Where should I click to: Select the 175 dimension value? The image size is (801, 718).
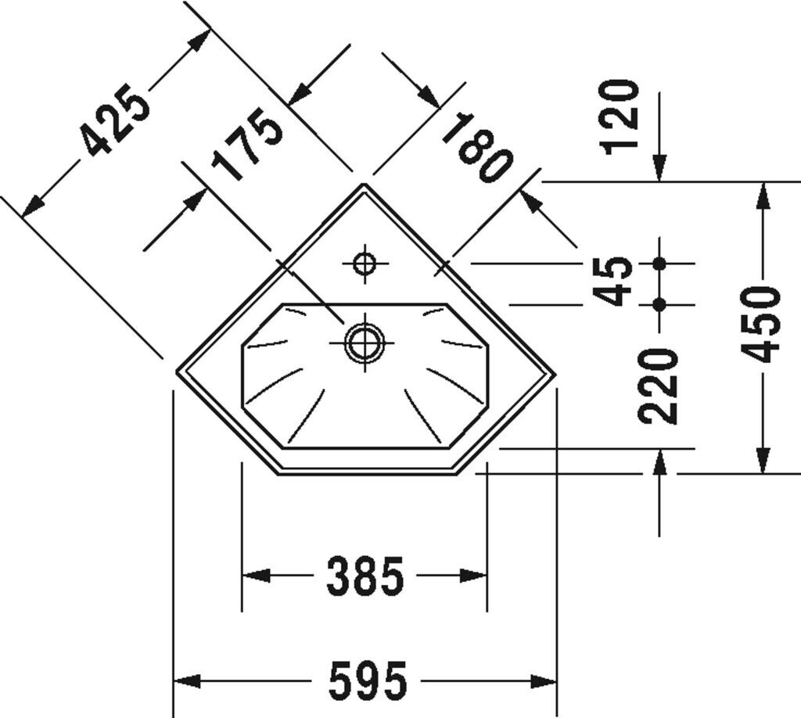click(x=247, y=145)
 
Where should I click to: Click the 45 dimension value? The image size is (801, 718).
click(x=614, y=281)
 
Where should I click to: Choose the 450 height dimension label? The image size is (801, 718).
click(x=760, y=325)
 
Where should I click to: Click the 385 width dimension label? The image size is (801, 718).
click(x=365, y=576)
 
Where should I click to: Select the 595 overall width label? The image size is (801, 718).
click(x=368, y=680)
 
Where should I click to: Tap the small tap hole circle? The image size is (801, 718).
click(x=365, y=264)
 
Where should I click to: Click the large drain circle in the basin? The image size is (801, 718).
click(x=365, y=343)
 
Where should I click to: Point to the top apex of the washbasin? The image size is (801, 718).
click(x=365, y=185)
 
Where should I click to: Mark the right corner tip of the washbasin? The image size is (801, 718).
click(x=555, y=373)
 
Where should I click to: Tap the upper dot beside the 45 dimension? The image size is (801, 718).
click(x=659, y=264)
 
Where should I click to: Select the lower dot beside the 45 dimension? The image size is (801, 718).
click(x=659, y=303)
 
